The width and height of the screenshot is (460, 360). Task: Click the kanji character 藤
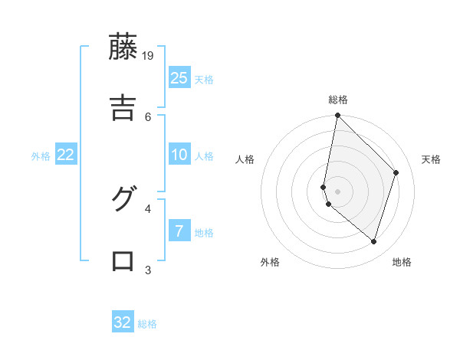123,47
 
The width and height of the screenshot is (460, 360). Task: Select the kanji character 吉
123,107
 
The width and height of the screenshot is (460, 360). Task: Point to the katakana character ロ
123,260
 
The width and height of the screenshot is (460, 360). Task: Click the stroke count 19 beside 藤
149,55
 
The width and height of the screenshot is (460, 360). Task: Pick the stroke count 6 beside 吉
149,116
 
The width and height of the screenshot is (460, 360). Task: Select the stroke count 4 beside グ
149,207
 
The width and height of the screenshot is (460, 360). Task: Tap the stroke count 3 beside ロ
149,269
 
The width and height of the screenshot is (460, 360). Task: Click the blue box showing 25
179,78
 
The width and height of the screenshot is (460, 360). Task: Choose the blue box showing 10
179,155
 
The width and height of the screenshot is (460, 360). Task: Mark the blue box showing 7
179,231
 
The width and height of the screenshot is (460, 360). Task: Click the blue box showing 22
65,155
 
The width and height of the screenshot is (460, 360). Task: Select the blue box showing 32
123,322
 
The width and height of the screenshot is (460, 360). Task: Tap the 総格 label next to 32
147,324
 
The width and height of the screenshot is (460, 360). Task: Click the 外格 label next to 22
41,156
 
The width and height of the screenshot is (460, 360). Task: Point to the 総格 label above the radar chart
338,100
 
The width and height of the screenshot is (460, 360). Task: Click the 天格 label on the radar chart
431,159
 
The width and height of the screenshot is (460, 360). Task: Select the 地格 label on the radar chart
402,262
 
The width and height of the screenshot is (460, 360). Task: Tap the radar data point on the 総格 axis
337,116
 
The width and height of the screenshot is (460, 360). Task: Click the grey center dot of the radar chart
337,191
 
